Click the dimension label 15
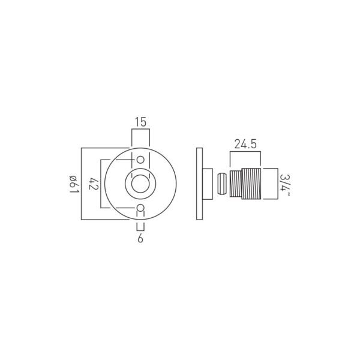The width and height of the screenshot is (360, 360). pyautogui.click(x=140, y=122)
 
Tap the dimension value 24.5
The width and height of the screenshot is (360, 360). pyautogui.click(x=245, y=145)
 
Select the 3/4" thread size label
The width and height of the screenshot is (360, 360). pyautogui.click(x=285, y=185)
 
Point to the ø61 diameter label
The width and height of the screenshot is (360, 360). pyautogui.click(x=74, y=184)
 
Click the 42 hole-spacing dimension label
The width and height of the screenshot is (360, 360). pyautogui.click(x=94, y=184)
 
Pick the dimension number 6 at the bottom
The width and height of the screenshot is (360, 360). pyautogui.click(x=140, y=239)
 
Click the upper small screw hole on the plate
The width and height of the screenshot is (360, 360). pyautogui.click(x=140, y=160)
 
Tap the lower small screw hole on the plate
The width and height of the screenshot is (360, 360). pyautogui.click(x=140, y=208)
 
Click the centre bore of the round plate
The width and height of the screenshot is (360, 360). pyautogui.click(x=140, y=184)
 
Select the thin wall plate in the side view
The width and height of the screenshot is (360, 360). pyautogui.click(x=200, y=184)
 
